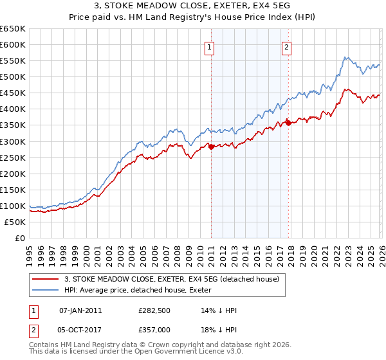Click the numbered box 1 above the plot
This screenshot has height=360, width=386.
pos(210,46)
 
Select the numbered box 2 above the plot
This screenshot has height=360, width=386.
pos(286,46)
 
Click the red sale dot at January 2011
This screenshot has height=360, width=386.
pos(211,147)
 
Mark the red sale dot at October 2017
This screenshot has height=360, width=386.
pos(288,122)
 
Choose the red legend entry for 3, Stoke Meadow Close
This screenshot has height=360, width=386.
pos(171,279)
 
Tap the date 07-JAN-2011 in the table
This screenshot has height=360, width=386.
pos(80,310)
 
